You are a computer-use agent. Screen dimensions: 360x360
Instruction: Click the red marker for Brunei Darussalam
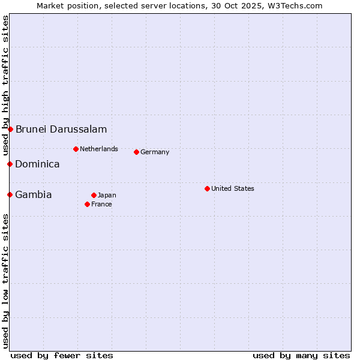10,129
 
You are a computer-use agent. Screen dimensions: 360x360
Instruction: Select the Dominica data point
10,164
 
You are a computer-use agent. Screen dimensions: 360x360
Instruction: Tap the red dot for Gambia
10,194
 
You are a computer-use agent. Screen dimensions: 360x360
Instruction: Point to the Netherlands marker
76,149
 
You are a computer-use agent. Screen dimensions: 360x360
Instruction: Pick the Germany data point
136,152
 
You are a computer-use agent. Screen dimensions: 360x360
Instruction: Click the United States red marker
207,188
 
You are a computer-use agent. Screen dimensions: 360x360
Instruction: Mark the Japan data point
94,195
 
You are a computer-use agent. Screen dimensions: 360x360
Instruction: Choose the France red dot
87,204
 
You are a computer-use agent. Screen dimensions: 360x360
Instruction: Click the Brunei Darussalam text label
61,129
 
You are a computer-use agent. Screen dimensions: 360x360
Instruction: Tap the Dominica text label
37,164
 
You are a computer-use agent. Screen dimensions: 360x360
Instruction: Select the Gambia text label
34,194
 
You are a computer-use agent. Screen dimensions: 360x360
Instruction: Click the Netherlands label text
99,149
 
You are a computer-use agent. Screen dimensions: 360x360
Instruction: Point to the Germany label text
155,152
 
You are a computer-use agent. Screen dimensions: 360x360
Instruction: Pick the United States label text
233,188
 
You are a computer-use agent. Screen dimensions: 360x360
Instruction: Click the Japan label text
107,195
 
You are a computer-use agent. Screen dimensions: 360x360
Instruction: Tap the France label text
101,204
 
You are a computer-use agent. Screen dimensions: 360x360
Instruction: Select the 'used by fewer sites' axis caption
62,355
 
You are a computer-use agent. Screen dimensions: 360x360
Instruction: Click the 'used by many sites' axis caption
301,355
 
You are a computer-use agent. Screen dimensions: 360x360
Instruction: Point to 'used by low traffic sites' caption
5,281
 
